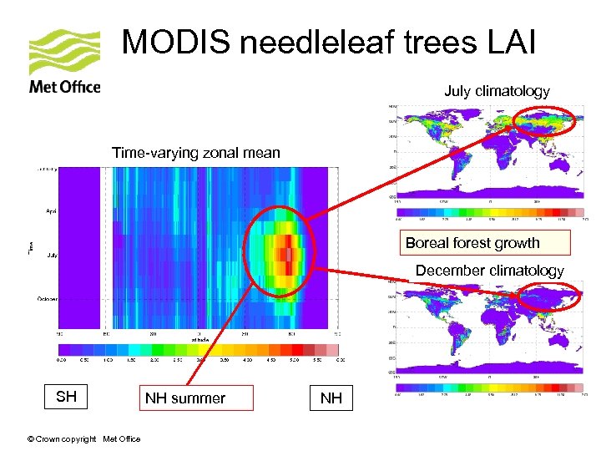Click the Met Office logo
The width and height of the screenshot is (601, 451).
click(x=65, y=62)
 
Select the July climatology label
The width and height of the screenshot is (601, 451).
click(x=497, y=91)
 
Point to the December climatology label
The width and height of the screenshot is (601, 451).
click(x=489, y=271)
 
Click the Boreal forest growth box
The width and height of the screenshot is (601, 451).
click(x=485, y=243)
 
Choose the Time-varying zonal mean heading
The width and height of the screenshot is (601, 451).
click(x=196, y=152)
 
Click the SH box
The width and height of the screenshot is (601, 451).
click(x=66, y=397)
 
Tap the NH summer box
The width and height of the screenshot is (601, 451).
click(x=184, y=398)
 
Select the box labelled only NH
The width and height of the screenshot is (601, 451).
click(x=331, y=398)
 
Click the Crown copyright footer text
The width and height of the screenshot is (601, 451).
click(x=83, y=439)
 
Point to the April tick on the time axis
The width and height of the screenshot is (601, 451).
click(x=50, y=211)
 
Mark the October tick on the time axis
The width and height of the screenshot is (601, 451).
click(x=47, y=298)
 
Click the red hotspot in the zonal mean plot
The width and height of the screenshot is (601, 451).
click(x=288, y=251)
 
